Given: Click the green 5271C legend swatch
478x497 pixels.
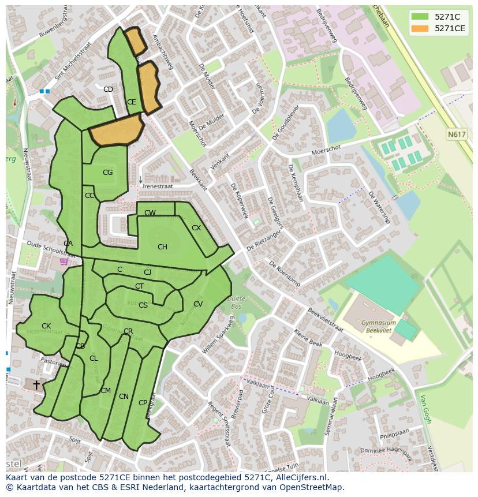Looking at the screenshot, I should (420, 17).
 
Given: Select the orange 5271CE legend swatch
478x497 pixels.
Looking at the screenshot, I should (420, 28).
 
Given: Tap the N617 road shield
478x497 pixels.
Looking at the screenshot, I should (456, 134).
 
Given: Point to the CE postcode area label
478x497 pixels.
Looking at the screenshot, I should (132, 102).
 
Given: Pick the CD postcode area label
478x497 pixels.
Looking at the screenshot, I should (108, 89).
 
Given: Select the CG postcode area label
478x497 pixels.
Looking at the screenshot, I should (107, 173).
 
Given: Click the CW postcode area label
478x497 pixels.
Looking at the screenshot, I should (150, 213).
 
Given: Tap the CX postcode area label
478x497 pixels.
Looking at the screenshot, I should (196, 228).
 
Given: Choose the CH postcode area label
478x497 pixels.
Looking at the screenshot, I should (162, 247).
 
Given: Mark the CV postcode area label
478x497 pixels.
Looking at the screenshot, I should (198, 304).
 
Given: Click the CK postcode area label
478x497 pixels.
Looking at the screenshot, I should (46, 326).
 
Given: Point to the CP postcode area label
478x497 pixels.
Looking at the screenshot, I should (143, 403).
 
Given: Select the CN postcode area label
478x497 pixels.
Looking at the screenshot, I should (124, 397).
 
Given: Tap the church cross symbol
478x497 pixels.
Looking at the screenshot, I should (36, 384).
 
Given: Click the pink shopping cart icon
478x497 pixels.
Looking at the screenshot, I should (64, 261).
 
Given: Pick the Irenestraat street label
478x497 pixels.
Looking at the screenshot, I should (158, 186).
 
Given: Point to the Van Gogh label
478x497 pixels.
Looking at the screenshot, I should (425, 409).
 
